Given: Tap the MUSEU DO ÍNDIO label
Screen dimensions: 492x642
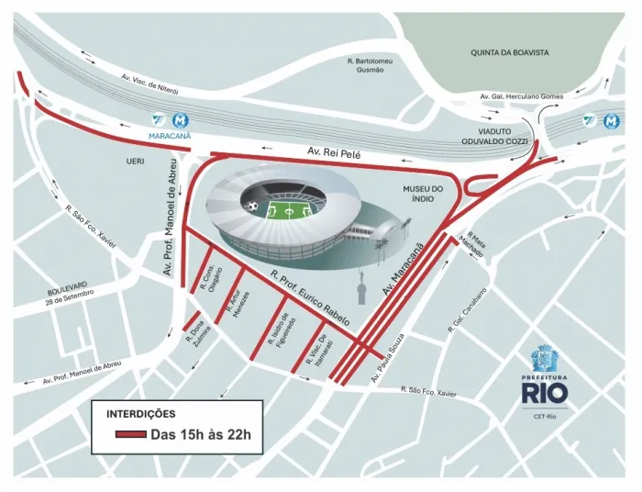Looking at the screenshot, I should [424, 196].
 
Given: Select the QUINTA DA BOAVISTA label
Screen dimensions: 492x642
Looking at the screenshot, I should [510, 52].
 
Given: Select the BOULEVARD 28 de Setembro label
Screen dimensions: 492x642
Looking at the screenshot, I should [68, 292].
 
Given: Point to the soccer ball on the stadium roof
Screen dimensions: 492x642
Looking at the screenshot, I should [251, 207].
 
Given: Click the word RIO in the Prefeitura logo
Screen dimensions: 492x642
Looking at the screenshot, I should [545, 393].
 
